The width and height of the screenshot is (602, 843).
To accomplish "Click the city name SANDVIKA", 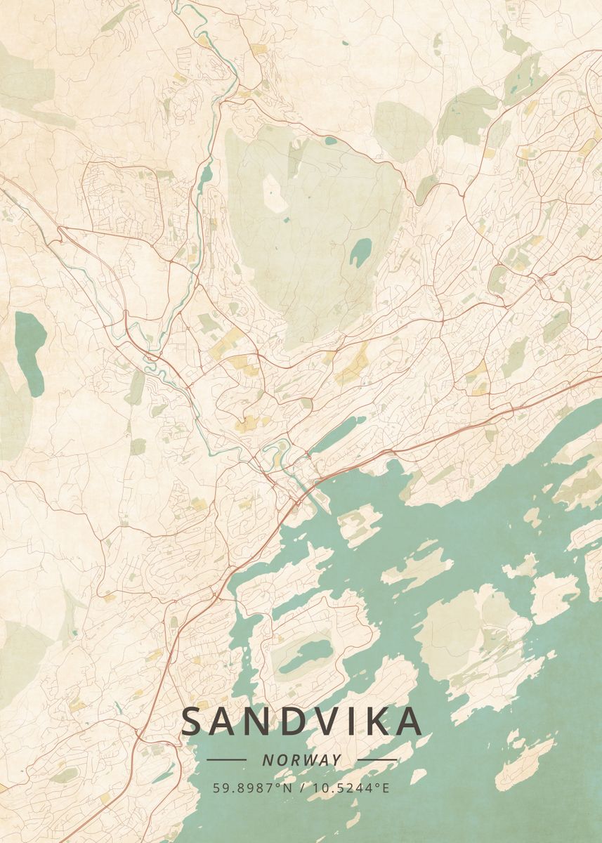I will (x=302, y=721).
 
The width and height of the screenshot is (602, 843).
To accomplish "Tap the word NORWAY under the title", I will (x=302, y=760).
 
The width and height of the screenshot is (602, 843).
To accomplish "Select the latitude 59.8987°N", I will (x=254, y=788).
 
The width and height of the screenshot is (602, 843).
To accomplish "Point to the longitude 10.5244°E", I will (x=349, y=788).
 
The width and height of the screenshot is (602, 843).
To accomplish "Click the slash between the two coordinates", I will (x=302, y=788).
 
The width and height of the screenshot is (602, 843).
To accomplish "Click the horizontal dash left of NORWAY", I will (x=226, y=760).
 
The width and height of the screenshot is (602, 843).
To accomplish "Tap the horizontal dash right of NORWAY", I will (x=377, y=760).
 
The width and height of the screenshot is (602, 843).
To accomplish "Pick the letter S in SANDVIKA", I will (x=194, y=721).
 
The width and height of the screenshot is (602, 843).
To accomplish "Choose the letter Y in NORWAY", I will (x=337, y=760).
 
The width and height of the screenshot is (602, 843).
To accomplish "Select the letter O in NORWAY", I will (x=279, y=760).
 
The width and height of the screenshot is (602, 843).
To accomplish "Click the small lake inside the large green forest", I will (x=360, y=251).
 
